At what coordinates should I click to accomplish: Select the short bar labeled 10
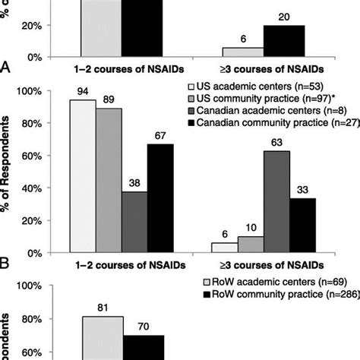click(x=251, y=245)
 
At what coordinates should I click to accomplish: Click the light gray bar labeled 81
click(x=102, y=327)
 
